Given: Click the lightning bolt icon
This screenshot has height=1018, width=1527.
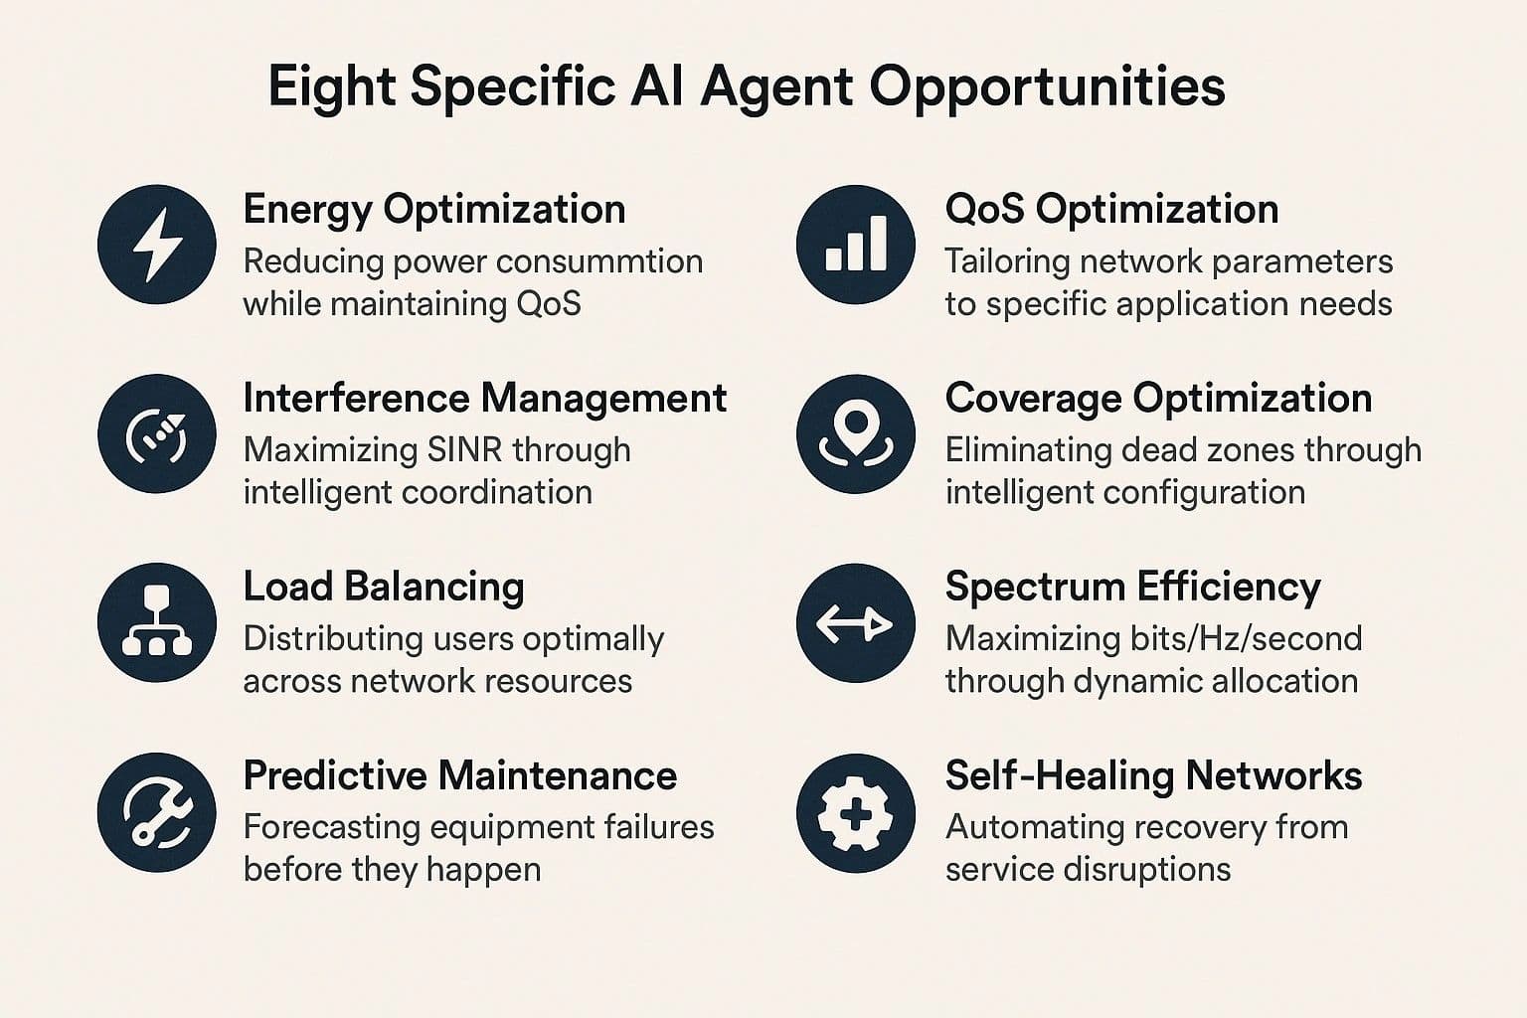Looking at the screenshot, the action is click(157, 245).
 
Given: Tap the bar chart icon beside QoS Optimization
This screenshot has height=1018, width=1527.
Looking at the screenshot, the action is click(856, 244).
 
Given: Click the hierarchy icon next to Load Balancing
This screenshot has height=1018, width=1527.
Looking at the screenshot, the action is click(157, 621).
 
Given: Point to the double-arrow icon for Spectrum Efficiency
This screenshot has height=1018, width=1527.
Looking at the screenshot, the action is click(854, 624).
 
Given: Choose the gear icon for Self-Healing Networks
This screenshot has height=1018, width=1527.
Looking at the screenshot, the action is click(856, 813).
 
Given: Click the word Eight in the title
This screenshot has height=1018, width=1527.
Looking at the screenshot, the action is click(332, 88).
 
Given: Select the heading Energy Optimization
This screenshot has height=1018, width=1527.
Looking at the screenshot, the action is click(434, 210).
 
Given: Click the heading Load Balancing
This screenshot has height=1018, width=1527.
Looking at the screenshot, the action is click(384, 588).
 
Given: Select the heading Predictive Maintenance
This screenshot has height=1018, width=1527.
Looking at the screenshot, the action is click(460, 775).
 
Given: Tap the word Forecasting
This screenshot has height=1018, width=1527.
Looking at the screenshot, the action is click(331, 828).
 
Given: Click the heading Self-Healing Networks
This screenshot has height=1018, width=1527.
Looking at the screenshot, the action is click(1153, 776).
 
